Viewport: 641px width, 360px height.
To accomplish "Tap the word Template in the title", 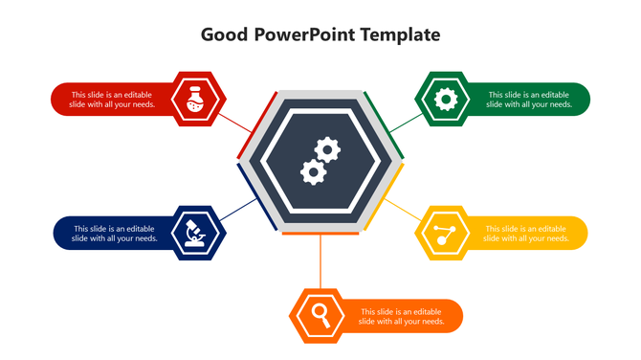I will [403, 34].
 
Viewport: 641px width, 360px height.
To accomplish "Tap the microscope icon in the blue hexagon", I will [198, 233].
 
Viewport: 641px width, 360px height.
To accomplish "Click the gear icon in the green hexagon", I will [442, 99].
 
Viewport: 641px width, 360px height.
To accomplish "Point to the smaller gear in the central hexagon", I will [312, 172].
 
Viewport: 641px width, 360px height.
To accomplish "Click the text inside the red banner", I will [113, 100].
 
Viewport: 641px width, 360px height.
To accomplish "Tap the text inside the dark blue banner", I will [115, 233].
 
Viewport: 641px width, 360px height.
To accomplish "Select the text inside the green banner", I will [529, 100].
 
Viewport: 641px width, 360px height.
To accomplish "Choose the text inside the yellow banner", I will [527, 233].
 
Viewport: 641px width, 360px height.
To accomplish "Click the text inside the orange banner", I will [401, 316].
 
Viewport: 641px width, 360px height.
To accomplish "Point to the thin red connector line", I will [237, 122].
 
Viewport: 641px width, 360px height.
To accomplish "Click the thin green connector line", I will [404, 121].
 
